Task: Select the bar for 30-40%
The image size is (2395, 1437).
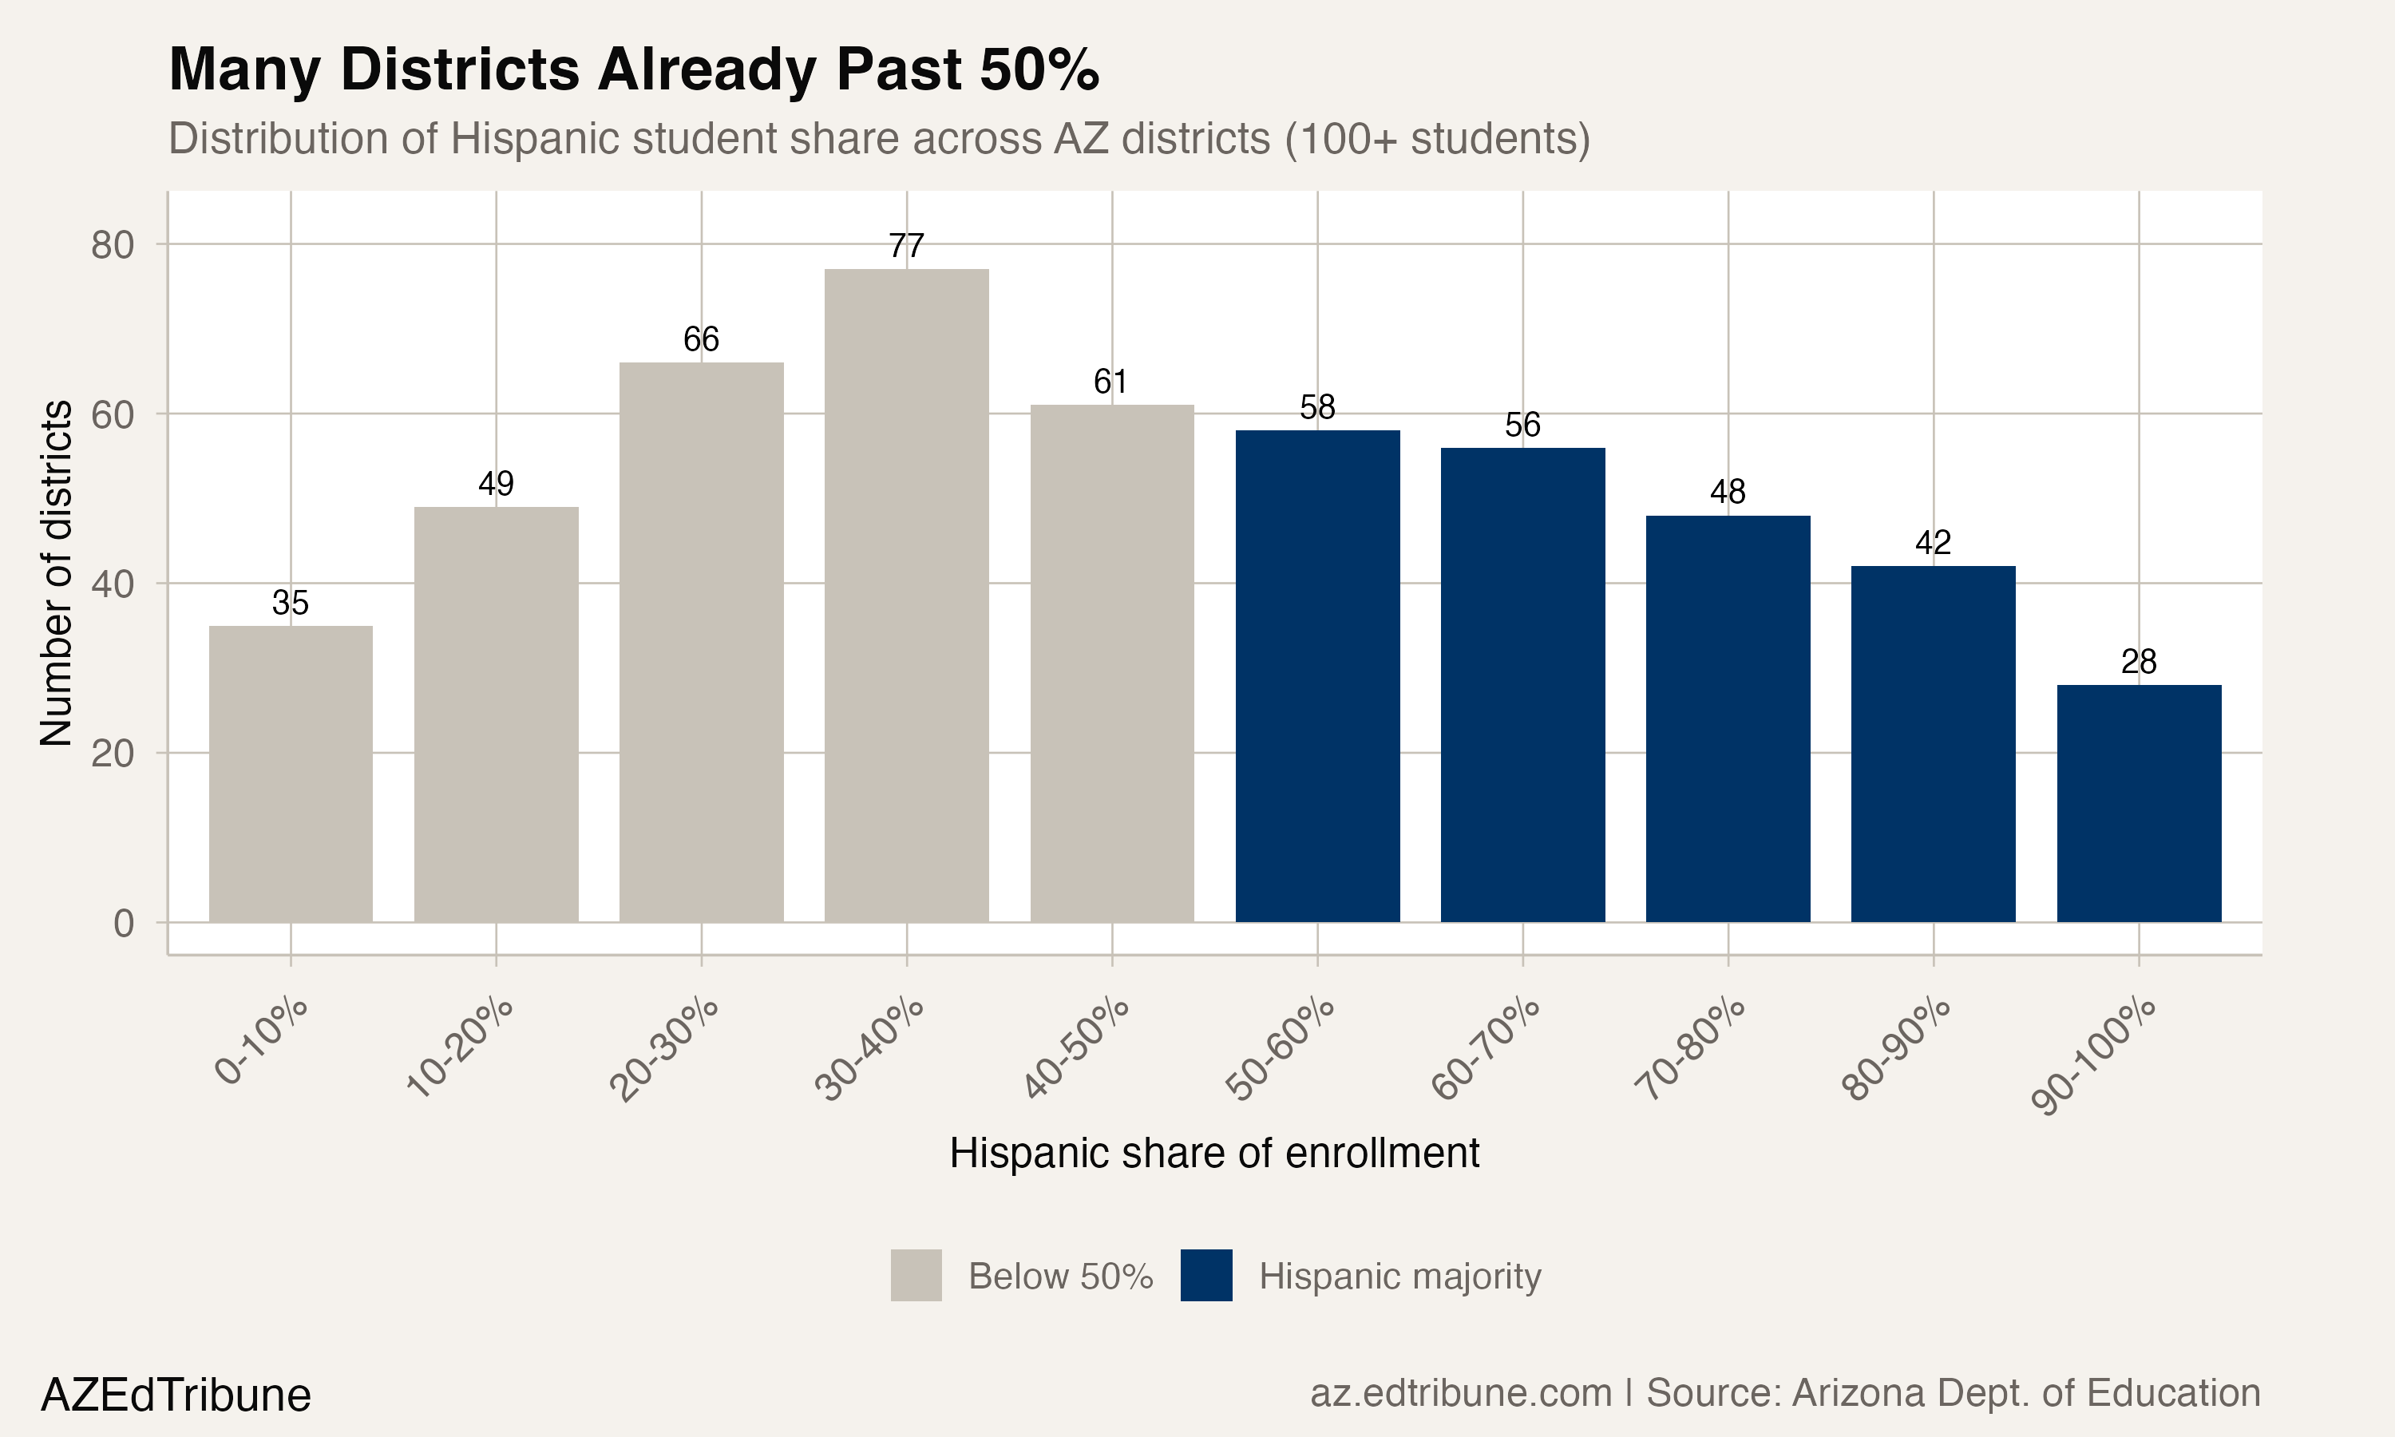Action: [906, 596]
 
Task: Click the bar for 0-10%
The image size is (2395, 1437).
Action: [291, 774]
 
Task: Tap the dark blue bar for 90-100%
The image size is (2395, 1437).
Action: [2139, 804]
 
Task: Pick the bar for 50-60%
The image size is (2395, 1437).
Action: [1317, 676]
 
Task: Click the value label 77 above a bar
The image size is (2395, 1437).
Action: [906, 246]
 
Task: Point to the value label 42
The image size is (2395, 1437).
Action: [1934, 542]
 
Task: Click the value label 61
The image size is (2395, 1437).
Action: [1110, 382]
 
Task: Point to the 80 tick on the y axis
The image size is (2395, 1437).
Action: [113, 246]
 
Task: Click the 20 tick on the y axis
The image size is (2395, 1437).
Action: [113, 754]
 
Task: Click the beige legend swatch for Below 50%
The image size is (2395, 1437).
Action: [916, 1275]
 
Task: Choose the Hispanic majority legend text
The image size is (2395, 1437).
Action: [1399, 1277]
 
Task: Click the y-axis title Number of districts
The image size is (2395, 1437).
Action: [56, 573]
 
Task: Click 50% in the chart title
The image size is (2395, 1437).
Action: [1039, 69]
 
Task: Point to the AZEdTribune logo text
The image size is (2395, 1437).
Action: [176, 1395]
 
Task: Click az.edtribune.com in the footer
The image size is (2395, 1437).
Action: [1460, 1393]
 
